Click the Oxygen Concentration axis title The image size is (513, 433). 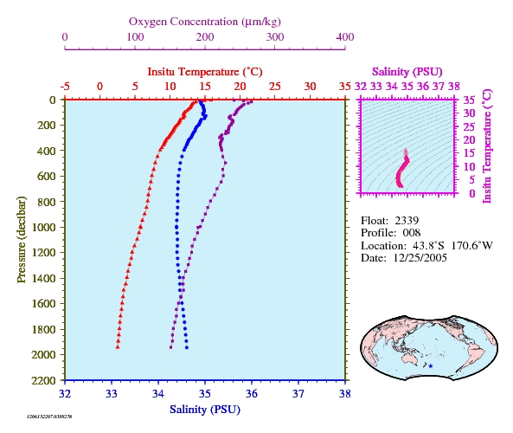click(x=205, y=22)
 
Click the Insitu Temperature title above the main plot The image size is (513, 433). click(x=205, y=72)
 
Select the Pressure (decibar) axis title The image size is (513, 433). click(x=22, y=239)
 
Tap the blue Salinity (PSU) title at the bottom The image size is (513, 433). click(x=205, y=410)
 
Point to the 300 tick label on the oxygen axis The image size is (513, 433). click(x=275, y=37)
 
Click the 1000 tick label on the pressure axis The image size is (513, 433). click(x=43, y=227)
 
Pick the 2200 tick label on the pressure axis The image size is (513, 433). click(x=43, y=380)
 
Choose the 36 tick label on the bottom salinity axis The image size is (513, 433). click(x=252, y=393)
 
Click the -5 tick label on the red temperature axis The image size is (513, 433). click(x=65, y=87)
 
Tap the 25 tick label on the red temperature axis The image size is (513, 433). click(x=275, y=87)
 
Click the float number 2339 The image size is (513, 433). click(x=407, y=221)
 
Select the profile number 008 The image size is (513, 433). click(x=412, y=233)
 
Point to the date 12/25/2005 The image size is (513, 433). click(x=420, y=258)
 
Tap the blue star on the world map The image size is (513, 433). click(x=431, y=366)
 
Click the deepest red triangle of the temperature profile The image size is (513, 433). click(x=118, y=347)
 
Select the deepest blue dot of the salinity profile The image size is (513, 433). click(x=187, y=347)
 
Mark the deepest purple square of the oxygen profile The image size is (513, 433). click(x=170, y=347)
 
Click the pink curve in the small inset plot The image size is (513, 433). click(x=400, y=172)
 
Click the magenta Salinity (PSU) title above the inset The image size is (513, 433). click(x=407, y=72)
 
